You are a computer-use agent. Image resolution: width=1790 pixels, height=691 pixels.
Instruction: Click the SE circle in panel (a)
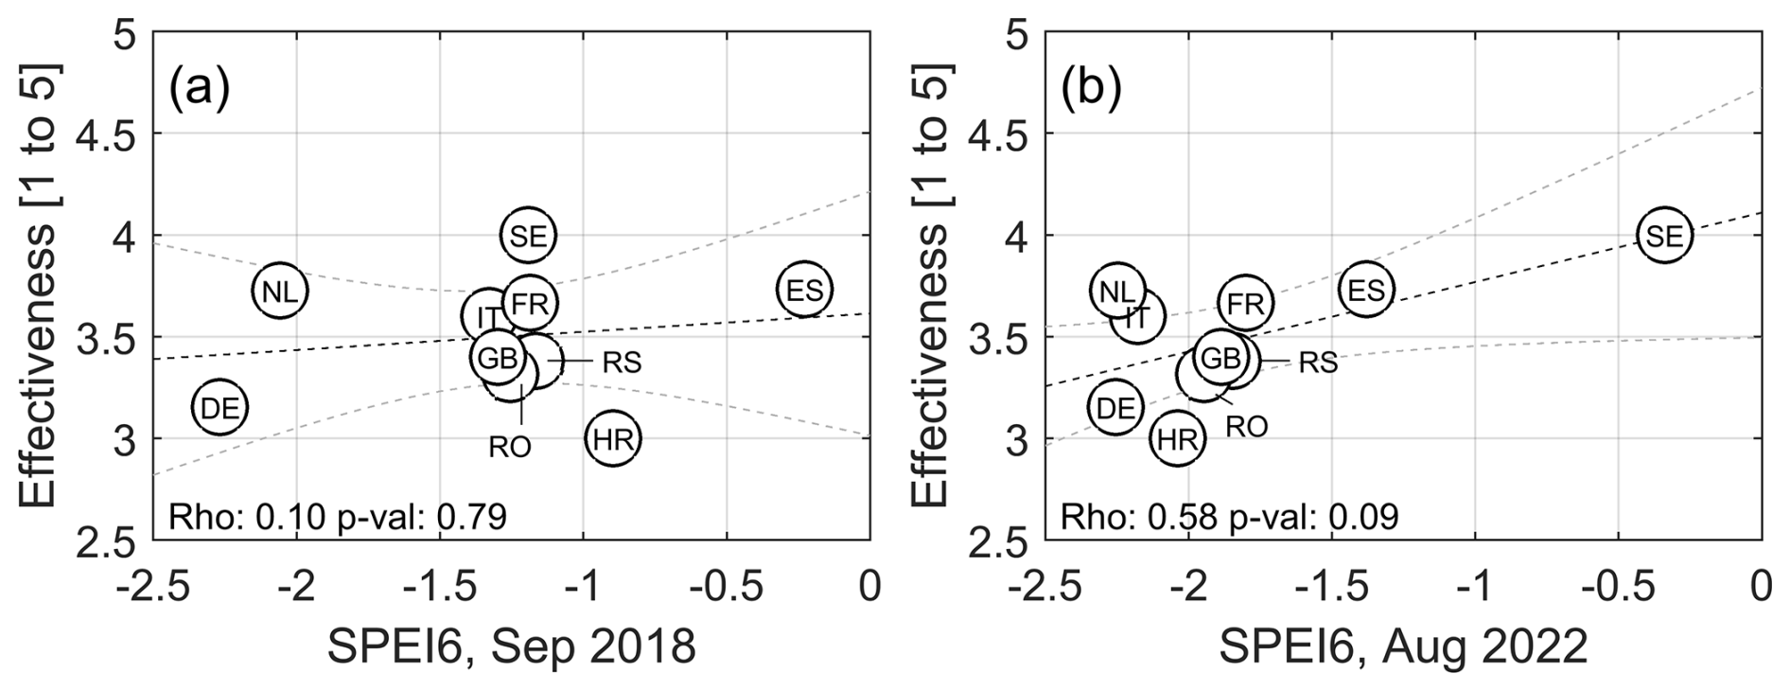(x=528, y=236)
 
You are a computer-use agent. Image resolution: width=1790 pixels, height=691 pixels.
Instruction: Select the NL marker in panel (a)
(x=280, y=291)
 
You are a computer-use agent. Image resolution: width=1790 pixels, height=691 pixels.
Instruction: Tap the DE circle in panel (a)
(x=219, y=408)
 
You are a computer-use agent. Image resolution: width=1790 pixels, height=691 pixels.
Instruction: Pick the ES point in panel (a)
(x=804, y=290)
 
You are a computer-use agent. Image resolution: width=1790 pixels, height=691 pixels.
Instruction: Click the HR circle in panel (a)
(x=613, y=438)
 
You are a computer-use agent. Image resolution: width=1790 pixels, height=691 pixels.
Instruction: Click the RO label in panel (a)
(x=509, y=446)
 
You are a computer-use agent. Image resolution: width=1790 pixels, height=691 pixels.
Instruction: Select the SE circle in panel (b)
(x=1664, y=236)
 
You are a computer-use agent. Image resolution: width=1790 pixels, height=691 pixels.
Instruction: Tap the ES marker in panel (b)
(x=1366, y=290)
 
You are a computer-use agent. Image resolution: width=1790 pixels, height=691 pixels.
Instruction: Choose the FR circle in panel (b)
(x=1245, y=303)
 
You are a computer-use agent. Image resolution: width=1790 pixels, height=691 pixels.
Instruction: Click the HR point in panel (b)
(x=1178, y=438)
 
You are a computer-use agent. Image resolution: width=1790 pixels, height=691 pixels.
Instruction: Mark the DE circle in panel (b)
(x=1115, y=408)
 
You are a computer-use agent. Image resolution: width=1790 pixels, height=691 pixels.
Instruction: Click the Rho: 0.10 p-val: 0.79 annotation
(x=337, y=517)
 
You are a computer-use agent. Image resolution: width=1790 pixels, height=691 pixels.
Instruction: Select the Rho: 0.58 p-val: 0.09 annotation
(x=1229, y=517)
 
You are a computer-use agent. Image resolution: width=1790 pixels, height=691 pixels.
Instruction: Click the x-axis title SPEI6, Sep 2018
(x=511, y=647)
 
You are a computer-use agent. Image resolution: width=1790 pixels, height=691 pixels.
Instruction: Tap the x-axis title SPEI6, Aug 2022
(x=1403, y=647)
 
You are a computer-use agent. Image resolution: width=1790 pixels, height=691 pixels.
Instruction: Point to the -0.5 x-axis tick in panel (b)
(x=1617, y=586)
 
